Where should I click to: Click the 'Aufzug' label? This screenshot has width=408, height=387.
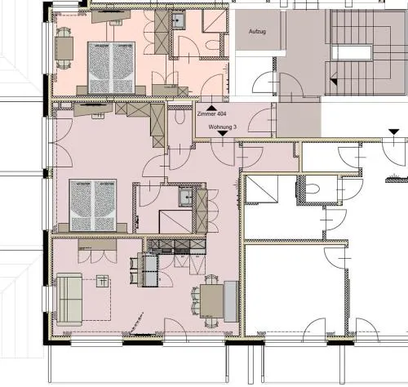click(x=257, y=31)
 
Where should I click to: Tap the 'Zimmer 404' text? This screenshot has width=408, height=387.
click(x=211, y=113)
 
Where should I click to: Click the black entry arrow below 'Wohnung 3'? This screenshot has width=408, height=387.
click(x=223, y=133)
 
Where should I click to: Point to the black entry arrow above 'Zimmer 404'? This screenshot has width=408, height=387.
click(x=211, y=109)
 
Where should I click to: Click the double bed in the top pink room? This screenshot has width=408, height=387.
click(x=112, y=68)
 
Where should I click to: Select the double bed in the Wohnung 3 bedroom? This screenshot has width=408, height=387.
click(x=93, y=206)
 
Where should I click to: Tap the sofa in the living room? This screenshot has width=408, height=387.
click(x=69, y=299)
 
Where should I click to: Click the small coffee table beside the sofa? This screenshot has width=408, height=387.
click(x=102, y=281)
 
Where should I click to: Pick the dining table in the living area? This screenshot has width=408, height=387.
click(x=211, y=301)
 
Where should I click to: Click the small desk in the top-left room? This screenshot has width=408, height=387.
click(x=64, y=48)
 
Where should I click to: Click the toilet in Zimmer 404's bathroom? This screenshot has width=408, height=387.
click(x=213, y=45)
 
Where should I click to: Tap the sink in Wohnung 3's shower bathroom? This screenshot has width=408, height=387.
click(x=186, y=197)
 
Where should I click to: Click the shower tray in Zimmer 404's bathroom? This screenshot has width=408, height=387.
click(x=215, y=20)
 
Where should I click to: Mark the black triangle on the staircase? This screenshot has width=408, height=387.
click(x=334, y=82)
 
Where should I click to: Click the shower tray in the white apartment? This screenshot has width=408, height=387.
click(x=262, y=189)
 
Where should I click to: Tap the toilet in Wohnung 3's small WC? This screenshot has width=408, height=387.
click(x=180, y=117)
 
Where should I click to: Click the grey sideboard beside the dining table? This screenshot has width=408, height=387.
click(x=231, y=301)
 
